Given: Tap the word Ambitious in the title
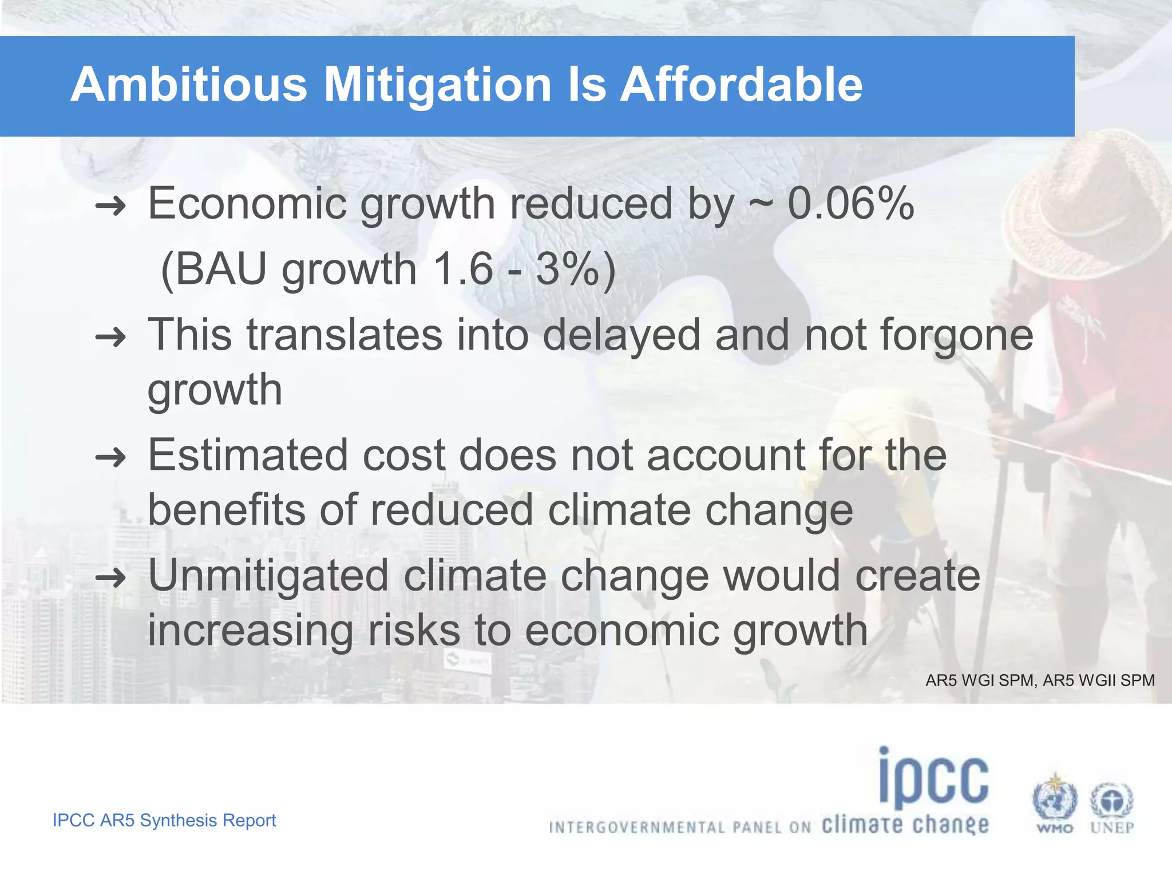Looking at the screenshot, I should click(x=189, y=85).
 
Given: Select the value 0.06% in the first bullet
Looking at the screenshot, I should click(x=850, y=204).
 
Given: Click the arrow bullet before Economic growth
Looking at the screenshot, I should click(x=110, y=205).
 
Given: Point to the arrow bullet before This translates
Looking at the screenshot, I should click(x=110, y=337).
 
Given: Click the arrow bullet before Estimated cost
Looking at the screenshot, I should click(x=110, y=457).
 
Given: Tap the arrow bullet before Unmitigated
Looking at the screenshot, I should click(x=110, y=577).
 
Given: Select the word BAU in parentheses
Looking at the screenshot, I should click(x=221, y=269).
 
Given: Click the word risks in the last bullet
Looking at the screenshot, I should click(x=414, y=630).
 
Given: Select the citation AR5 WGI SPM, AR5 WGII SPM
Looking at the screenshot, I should click(x=1040, y=680).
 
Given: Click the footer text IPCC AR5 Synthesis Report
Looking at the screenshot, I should click(x=164, y=820).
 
